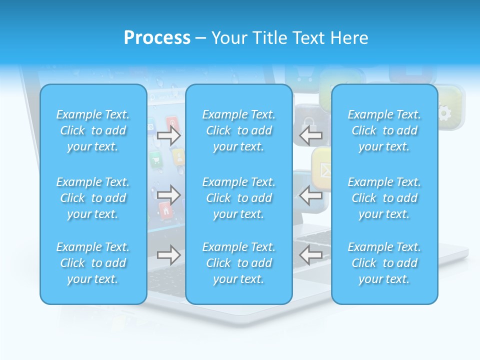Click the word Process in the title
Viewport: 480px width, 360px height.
pos(157,38)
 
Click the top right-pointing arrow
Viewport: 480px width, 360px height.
pos(169,135)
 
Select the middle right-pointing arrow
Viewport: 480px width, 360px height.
pos(169,194)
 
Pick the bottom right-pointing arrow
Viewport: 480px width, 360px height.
pos(169,255)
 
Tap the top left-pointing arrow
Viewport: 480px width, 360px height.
pos(310,134)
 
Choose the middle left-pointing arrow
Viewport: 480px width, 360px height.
pos(310,194)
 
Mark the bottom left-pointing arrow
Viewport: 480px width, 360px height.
pos(310,255)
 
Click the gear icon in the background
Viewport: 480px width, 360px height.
pos(444,113)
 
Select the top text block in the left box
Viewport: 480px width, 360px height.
pos(93,130)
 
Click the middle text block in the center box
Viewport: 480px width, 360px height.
pos(238,198)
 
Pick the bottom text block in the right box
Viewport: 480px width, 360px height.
pos(384,263)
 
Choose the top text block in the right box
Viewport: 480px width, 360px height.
pos(384,130)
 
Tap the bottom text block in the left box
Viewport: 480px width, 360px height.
pos(93,263)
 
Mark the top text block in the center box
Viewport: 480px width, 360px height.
pos(238,130)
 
